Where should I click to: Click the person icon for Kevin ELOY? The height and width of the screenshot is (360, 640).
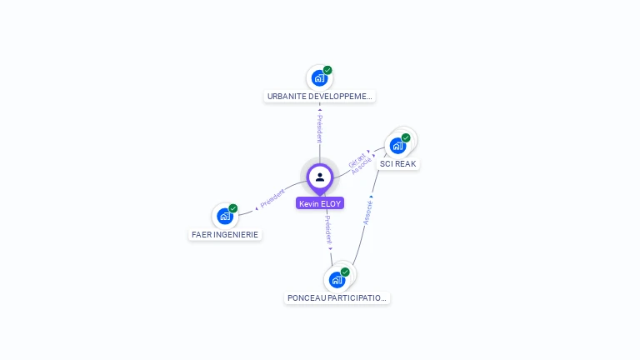pos(320,177)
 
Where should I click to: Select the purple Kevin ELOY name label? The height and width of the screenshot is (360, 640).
pos(320,203)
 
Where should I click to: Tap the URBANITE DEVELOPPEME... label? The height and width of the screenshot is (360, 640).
pos(320,97)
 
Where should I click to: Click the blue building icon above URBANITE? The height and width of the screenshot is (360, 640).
pos(318,78)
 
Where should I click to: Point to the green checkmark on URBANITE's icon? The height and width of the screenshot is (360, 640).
pos(327,70)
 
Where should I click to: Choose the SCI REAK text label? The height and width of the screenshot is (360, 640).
pos(397,164)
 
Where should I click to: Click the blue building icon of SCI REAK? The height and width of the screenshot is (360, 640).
pos(397,146)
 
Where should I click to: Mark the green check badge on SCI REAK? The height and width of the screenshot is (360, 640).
pos(406,137)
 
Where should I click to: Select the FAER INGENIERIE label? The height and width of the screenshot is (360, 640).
pos(225,235)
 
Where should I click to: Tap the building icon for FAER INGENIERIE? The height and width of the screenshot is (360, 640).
pos(224,217)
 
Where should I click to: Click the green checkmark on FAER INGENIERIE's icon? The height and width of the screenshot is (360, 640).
pos(233,208)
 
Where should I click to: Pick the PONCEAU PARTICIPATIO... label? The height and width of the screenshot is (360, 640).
pos(337,297)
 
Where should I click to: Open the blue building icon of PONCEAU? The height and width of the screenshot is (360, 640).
pos(336,279)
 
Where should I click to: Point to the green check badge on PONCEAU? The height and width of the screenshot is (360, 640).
pos(345,272)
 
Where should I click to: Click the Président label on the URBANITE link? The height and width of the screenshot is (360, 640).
pos(319,128)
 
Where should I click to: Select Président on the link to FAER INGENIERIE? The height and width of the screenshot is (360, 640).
pos(272,198)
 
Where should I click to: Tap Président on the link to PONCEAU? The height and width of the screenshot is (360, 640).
pos(328,229)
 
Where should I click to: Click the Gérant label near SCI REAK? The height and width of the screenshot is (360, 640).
pos(357,158)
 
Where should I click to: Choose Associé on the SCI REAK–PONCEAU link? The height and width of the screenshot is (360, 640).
pos(367,212)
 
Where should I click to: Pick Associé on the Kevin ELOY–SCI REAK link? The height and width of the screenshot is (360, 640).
pos(362,166)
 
